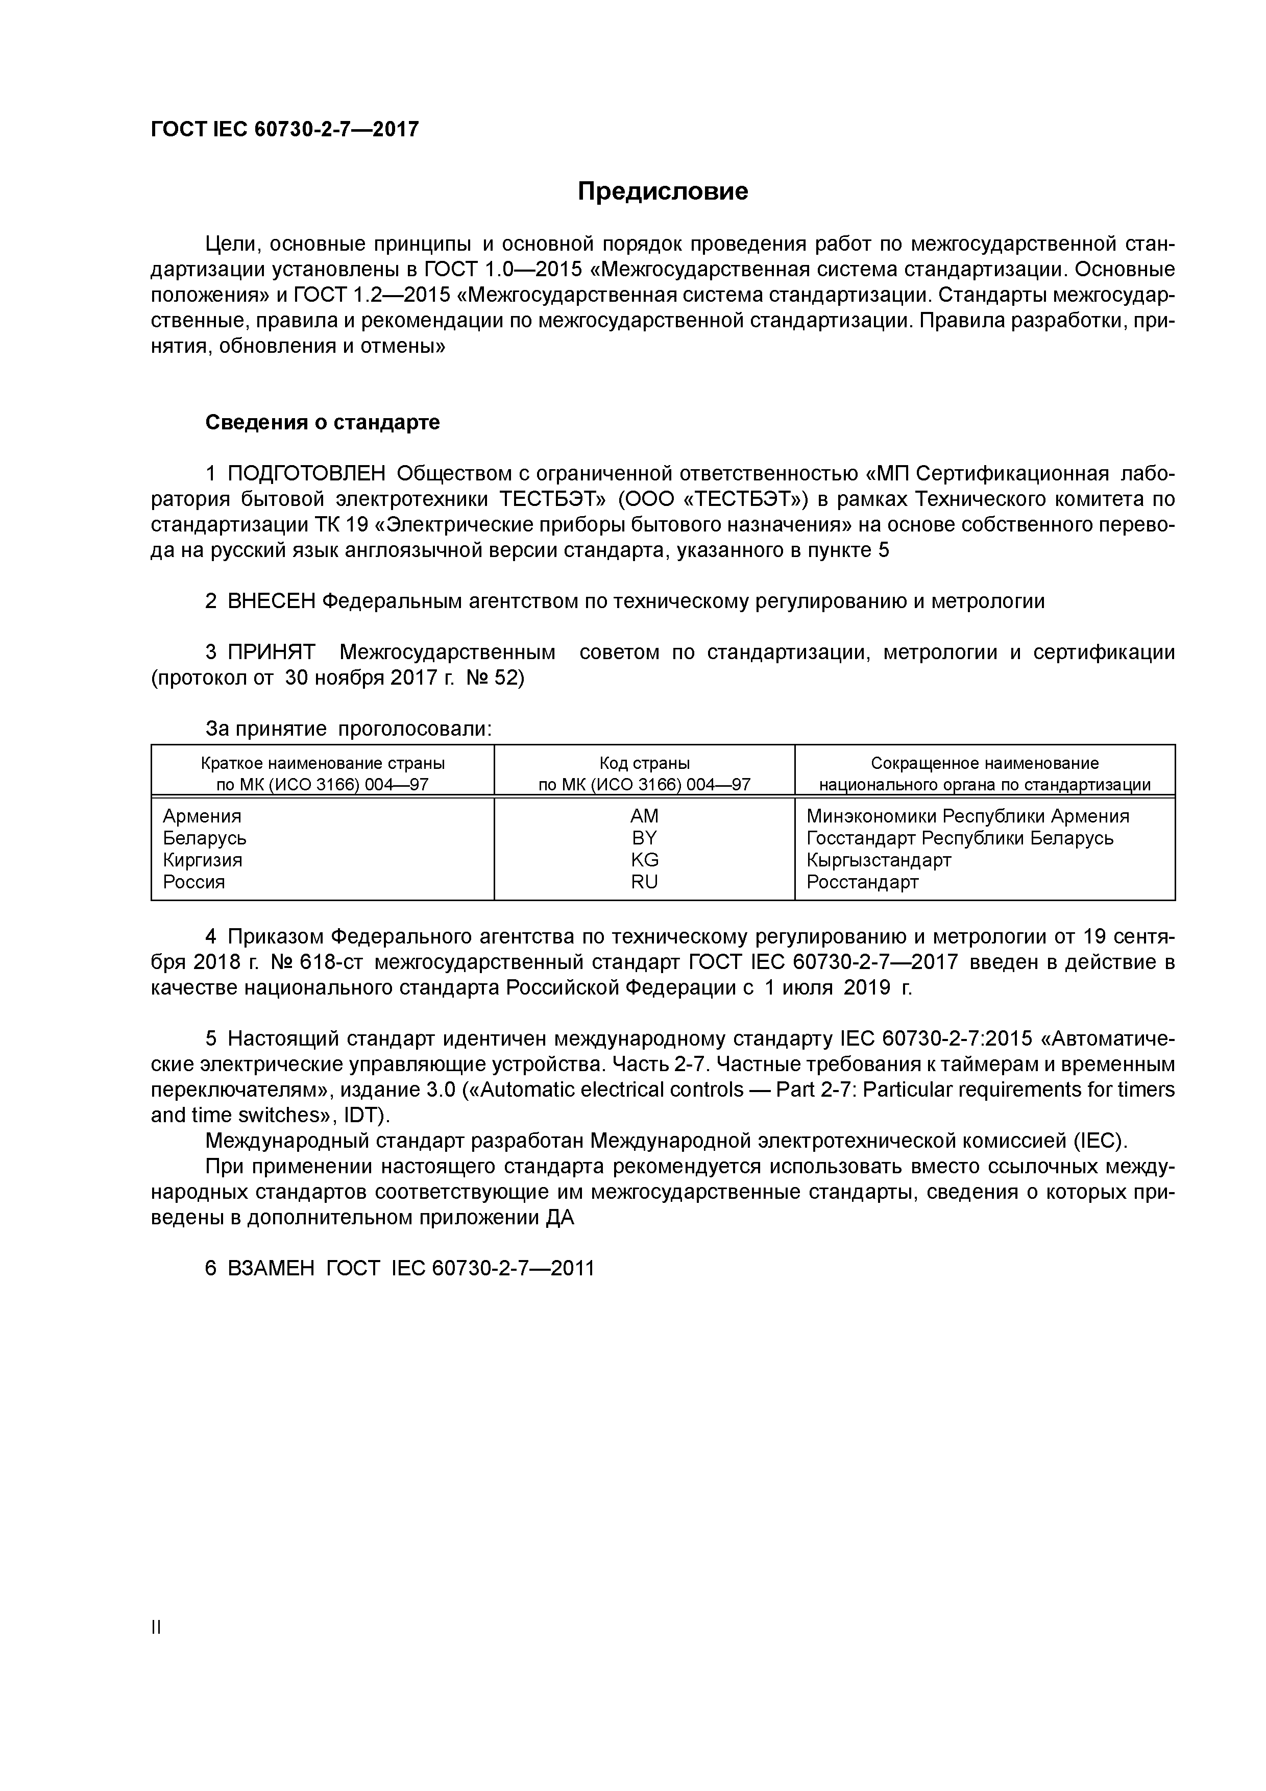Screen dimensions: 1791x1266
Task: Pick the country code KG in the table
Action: [644, 860]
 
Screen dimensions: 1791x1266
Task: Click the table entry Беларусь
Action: [204, 838]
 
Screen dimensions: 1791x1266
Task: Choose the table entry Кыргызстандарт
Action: [879, 860]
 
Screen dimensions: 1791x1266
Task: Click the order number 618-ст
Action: [326, 962]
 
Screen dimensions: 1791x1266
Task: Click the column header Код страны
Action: [644, 763]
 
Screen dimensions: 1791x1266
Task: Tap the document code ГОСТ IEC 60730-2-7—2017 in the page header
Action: [285, 129]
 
